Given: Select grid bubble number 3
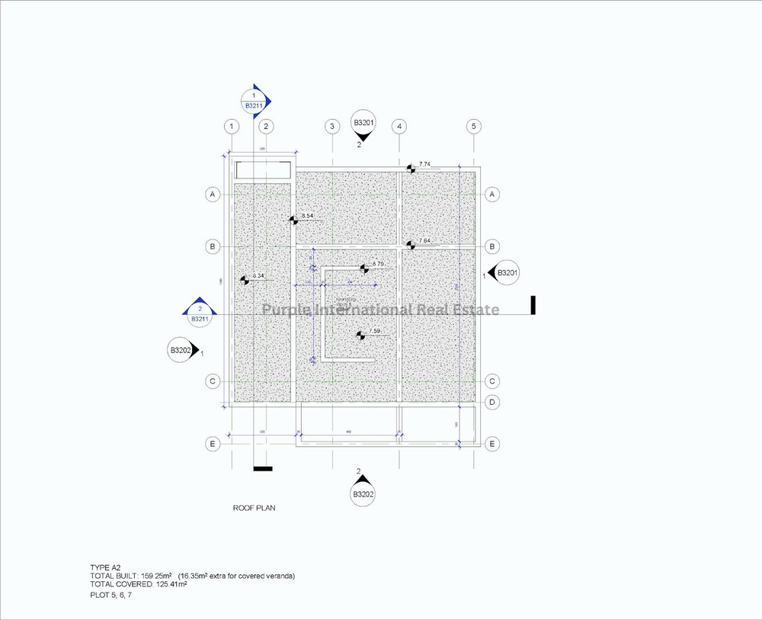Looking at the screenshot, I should (331, 126).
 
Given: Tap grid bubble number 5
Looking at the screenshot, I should (473, 126).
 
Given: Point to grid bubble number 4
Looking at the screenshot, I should (399, 126).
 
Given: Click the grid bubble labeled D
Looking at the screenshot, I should (492, 402).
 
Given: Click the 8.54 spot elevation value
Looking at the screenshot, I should (308, 217).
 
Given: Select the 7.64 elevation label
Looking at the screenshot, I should (424, 241).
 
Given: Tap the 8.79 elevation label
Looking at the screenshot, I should (378, 264).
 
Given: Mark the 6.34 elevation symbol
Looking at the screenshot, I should (245, 280).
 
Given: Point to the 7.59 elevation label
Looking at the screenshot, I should (374, 331).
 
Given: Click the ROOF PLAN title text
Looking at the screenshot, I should (253, 506).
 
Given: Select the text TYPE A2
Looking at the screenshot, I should (105, 568).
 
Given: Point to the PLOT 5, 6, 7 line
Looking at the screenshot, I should (110, 594).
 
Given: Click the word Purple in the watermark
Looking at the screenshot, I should (283, 310).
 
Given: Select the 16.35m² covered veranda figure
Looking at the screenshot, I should (195, 576).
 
